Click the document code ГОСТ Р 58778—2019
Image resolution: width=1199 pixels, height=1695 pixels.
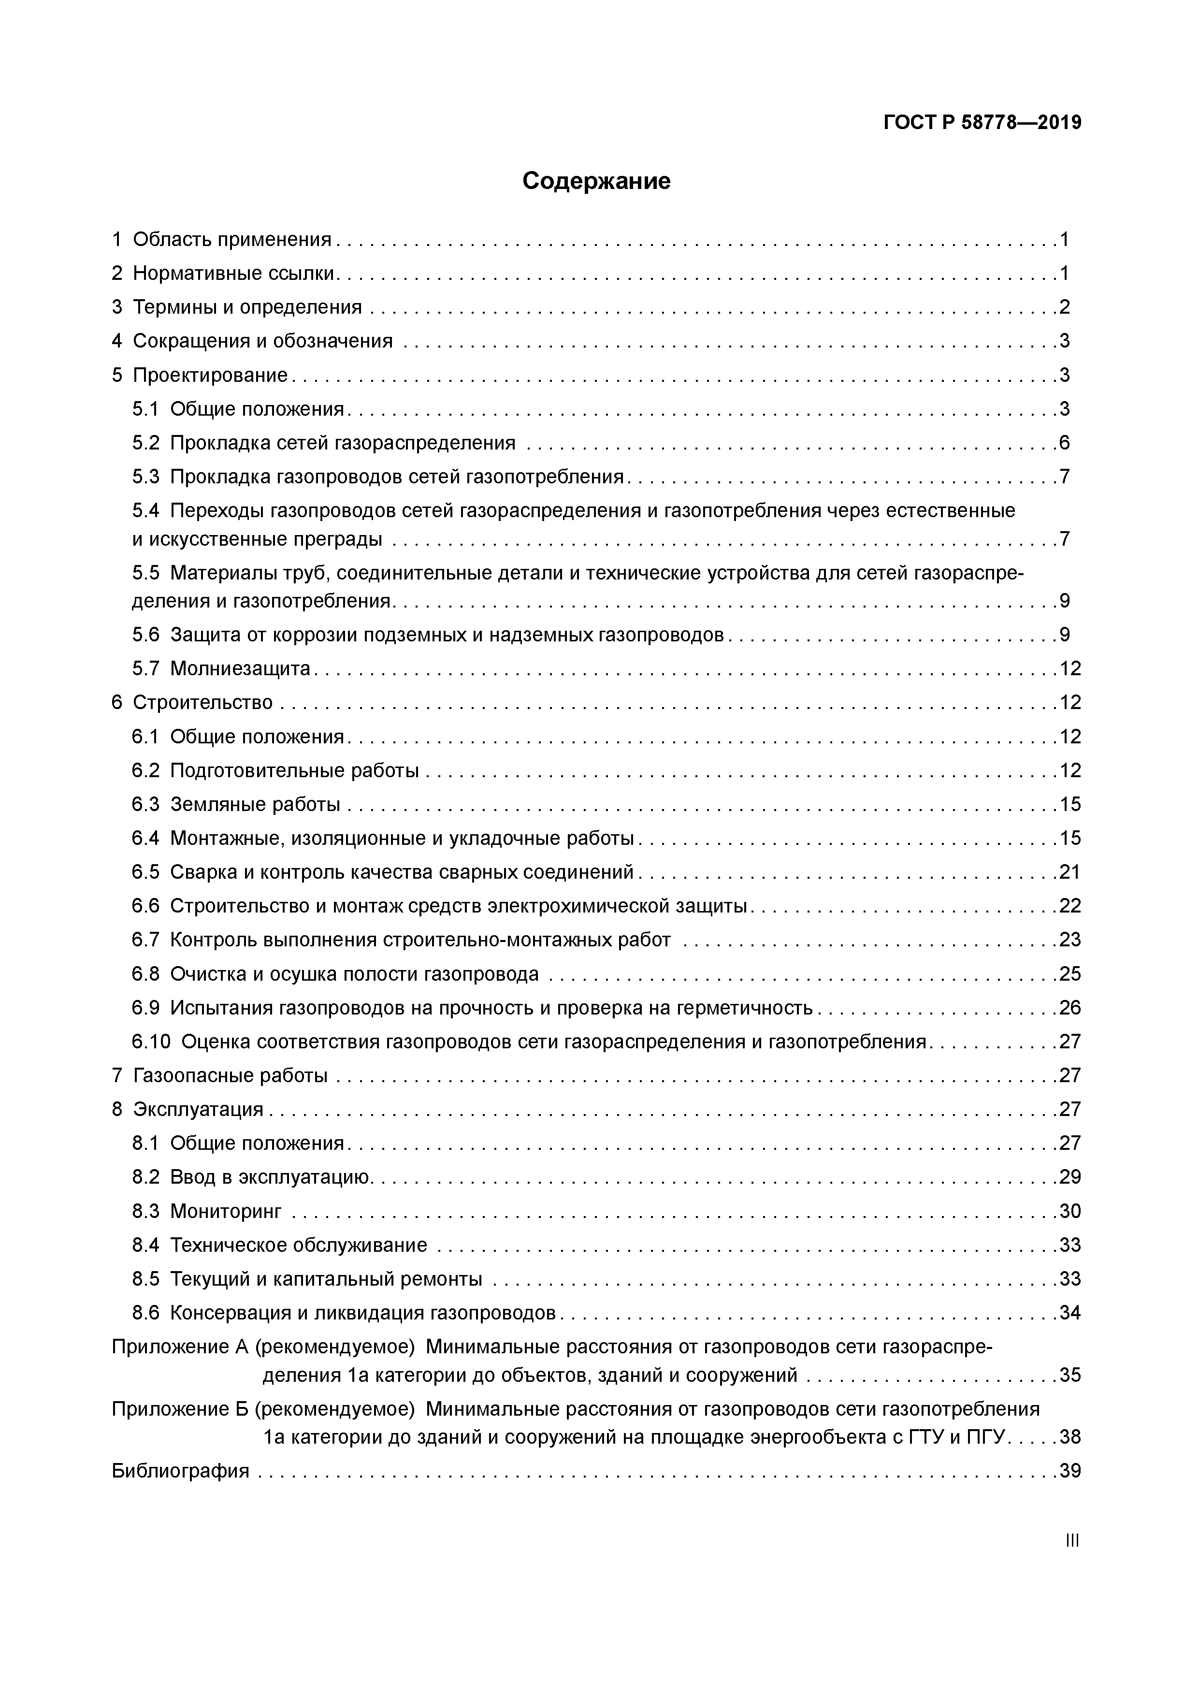(x=982, y=123)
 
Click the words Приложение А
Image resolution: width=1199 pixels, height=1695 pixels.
(x=179, y=1347)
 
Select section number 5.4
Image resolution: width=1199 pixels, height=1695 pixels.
(x=145, y=511)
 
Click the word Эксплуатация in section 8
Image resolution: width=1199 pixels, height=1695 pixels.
(x=198, y=1110)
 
